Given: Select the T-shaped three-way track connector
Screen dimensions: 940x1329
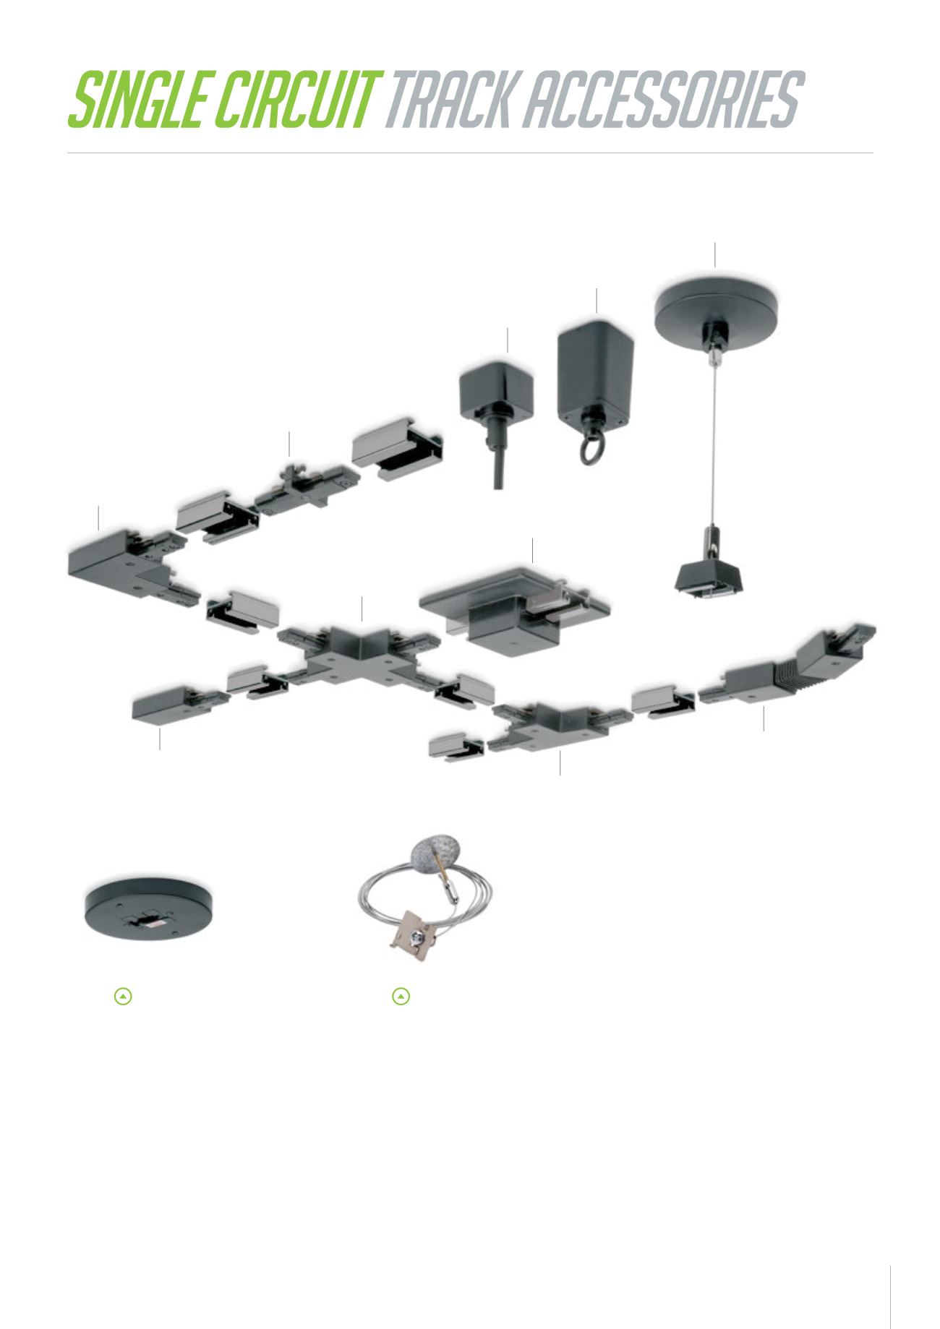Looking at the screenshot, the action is pyautogui.click(x=548, y=725).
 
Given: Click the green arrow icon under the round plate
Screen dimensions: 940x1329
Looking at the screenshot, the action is pyautogui.click(x=124, y=997).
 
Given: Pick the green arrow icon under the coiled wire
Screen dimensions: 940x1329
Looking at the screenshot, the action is pyautogui.click(x=401, y=997).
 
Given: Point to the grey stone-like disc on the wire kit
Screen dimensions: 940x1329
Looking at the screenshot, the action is pyautogui.click(x=432, y=856).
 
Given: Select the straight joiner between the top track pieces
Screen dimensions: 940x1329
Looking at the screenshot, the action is pyautogui.click(x=307, y=489).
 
